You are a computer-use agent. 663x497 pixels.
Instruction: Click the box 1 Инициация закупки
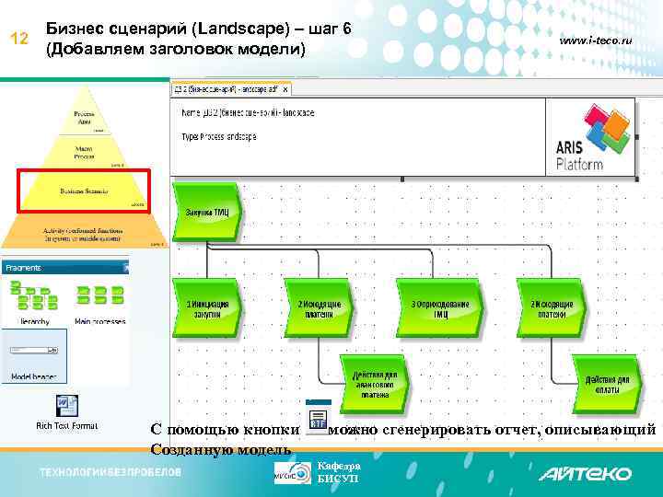[208, 306]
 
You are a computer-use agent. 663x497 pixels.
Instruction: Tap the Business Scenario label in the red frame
[83, 191]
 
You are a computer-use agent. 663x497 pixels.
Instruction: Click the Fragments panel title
[24, 267]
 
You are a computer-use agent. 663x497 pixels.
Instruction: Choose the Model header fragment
[34, 359]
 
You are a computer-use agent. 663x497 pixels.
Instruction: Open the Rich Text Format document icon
[66, 405]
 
